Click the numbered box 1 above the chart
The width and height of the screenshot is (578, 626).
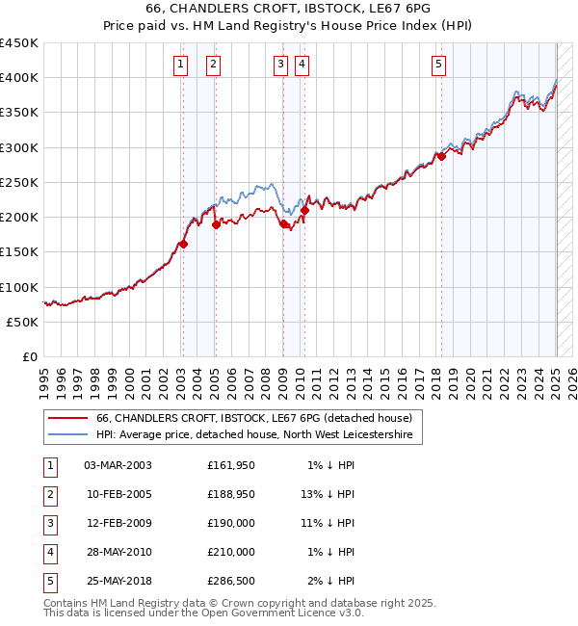tap(181, 65)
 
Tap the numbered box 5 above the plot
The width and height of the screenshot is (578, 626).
tap(438, 65)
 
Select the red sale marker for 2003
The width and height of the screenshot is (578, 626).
tap(183, 244)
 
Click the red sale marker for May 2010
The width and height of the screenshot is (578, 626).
tap(304, 210)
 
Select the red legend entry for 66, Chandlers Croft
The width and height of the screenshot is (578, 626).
tap(253, 418)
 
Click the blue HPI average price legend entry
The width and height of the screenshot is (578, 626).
tap(253, 435)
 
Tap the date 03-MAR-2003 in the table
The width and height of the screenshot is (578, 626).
tap(118, 465)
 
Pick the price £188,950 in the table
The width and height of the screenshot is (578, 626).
tap(231, 494)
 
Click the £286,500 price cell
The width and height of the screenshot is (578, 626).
tap(231, 581)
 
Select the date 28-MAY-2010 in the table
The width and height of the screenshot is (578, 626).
tap(118, 552)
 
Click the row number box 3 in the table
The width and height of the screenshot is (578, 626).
tap(50, 523)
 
